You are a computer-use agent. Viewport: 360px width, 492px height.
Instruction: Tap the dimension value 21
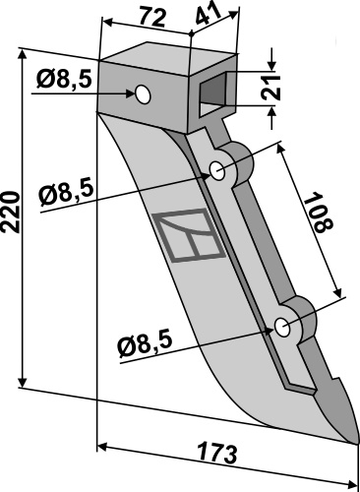(278, 92)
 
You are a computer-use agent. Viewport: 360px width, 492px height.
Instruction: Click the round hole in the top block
(144, 93)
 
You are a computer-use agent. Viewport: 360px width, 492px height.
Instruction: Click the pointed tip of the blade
(353, 440)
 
